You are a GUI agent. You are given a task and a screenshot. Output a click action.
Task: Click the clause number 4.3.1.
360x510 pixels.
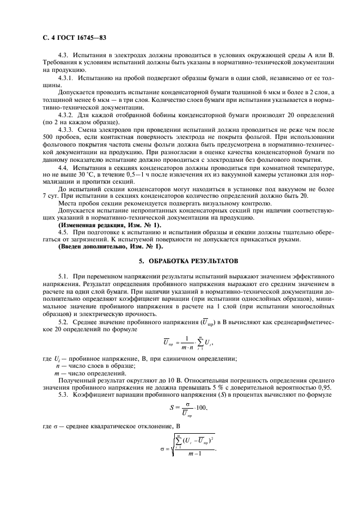click(x=66, y=79)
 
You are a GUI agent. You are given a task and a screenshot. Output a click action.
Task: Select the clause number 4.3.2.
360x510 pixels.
click(x=66, y=115)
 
